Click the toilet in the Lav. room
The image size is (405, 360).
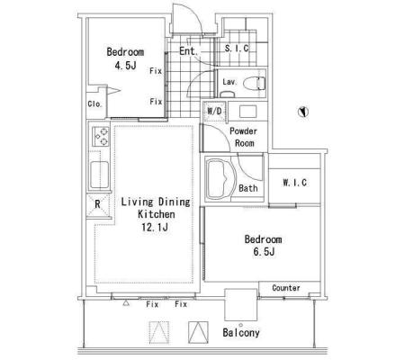(x=254, y=84)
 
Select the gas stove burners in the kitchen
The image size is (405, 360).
(x=101, y=137)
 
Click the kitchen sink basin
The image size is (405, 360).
(x=99, y=175)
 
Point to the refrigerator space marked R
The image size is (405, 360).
(x=98, y=205)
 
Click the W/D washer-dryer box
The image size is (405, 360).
(x=214, y=112)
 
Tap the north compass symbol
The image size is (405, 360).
(x=303, y=112)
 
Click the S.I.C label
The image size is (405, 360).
(x=237, y=48)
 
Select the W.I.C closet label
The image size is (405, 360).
(x=294, y=183)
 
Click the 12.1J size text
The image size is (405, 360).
(x=155, y=227)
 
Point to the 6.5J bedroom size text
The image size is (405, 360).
(x=264, y=251)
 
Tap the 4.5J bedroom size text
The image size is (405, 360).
(x=125, y=65)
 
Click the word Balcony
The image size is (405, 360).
(x=241, y=332)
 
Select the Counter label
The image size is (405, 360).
(x=286, y=288)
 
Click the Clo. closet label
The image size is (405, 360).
(x=94, y=103)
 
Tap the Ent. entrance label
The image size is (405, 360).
(x=189, y=51)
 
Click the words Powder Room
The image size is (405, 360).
(x=243, y=137)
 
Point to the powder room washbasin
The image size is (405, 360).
(x=247, y=111)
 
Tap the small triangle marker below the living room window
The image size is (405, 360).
(x=126, y=303)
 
